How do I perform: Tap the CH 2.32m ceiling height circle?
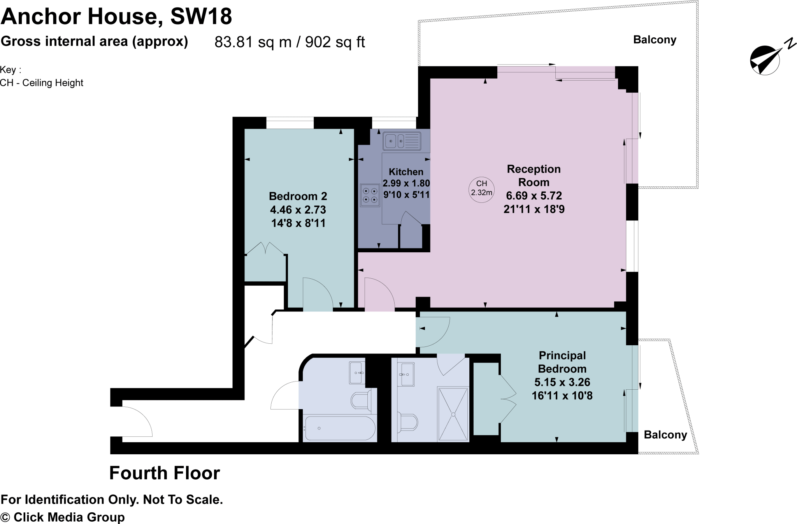[481, 188]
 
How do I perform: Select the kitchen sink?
[402, 141]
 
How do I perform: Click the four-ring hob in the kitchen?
[370, 195]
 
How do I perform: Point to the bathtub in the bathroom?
[340, 428]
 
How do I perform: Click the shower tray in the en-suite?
[453, 414]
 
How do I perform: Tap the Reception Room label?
[534, 176]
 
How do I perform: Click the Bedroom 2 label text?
[298, 196]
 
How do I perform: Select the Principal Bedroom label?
[562, 362]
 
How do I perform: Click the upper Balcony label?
[655, 40]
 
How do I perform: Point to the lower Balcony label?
[665, 435]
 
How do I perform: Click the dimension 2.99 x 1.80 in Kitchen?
[406, 183]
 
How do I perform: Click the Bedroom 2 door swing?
[317, 295]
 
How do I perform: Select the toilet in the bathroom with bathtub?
[361, 401]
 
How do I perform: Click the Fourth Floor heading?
[165, 473]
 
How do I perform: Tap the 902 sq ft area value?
[335, 42]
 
